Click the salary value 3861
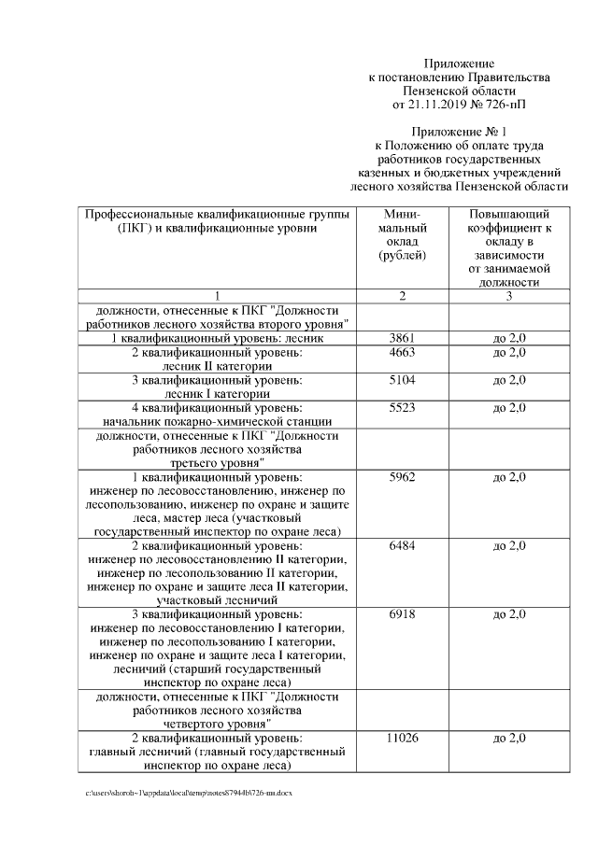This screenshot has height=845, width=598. [x=402, y=337]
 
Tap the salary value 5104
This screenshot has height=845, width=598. [x=402, y=380]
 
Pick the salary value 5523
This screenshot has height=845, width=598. [x=402, y=408]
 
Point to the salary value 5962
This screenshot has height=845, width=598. [x=402, y=477]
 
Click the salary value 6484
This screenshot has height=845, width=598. [x=402, y=545]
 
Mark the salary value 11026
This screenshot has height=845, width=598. [x=402, y=738]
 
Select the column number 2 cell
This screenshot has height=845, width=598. [x=402, y=296]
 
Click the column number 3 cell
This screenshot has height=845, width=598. [x=509, y=296]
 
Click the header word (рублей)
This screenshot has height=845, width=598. [x=402, y=255]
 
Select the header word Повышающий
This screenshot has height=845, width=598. [x=509, y=215]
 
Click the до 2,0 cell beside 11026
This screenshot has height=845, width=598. [x=509, y=738]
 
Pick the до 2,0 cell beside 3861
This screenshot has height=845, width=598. [x=509, y=337]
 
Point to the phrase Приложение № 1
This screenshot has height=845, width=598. [x=458, y=132]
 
